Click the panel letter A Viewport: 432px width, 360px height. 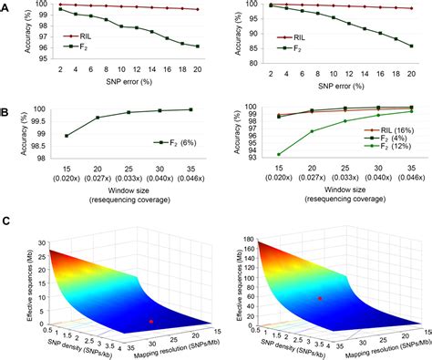pyautogui.click(x=6, y=6)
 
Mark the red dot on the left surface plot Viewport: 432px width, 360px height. pyautogui.click(x=151, y=321)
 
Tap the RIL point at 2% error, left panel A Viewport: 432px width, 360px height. pyautogui.click(x=60, y=5)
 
